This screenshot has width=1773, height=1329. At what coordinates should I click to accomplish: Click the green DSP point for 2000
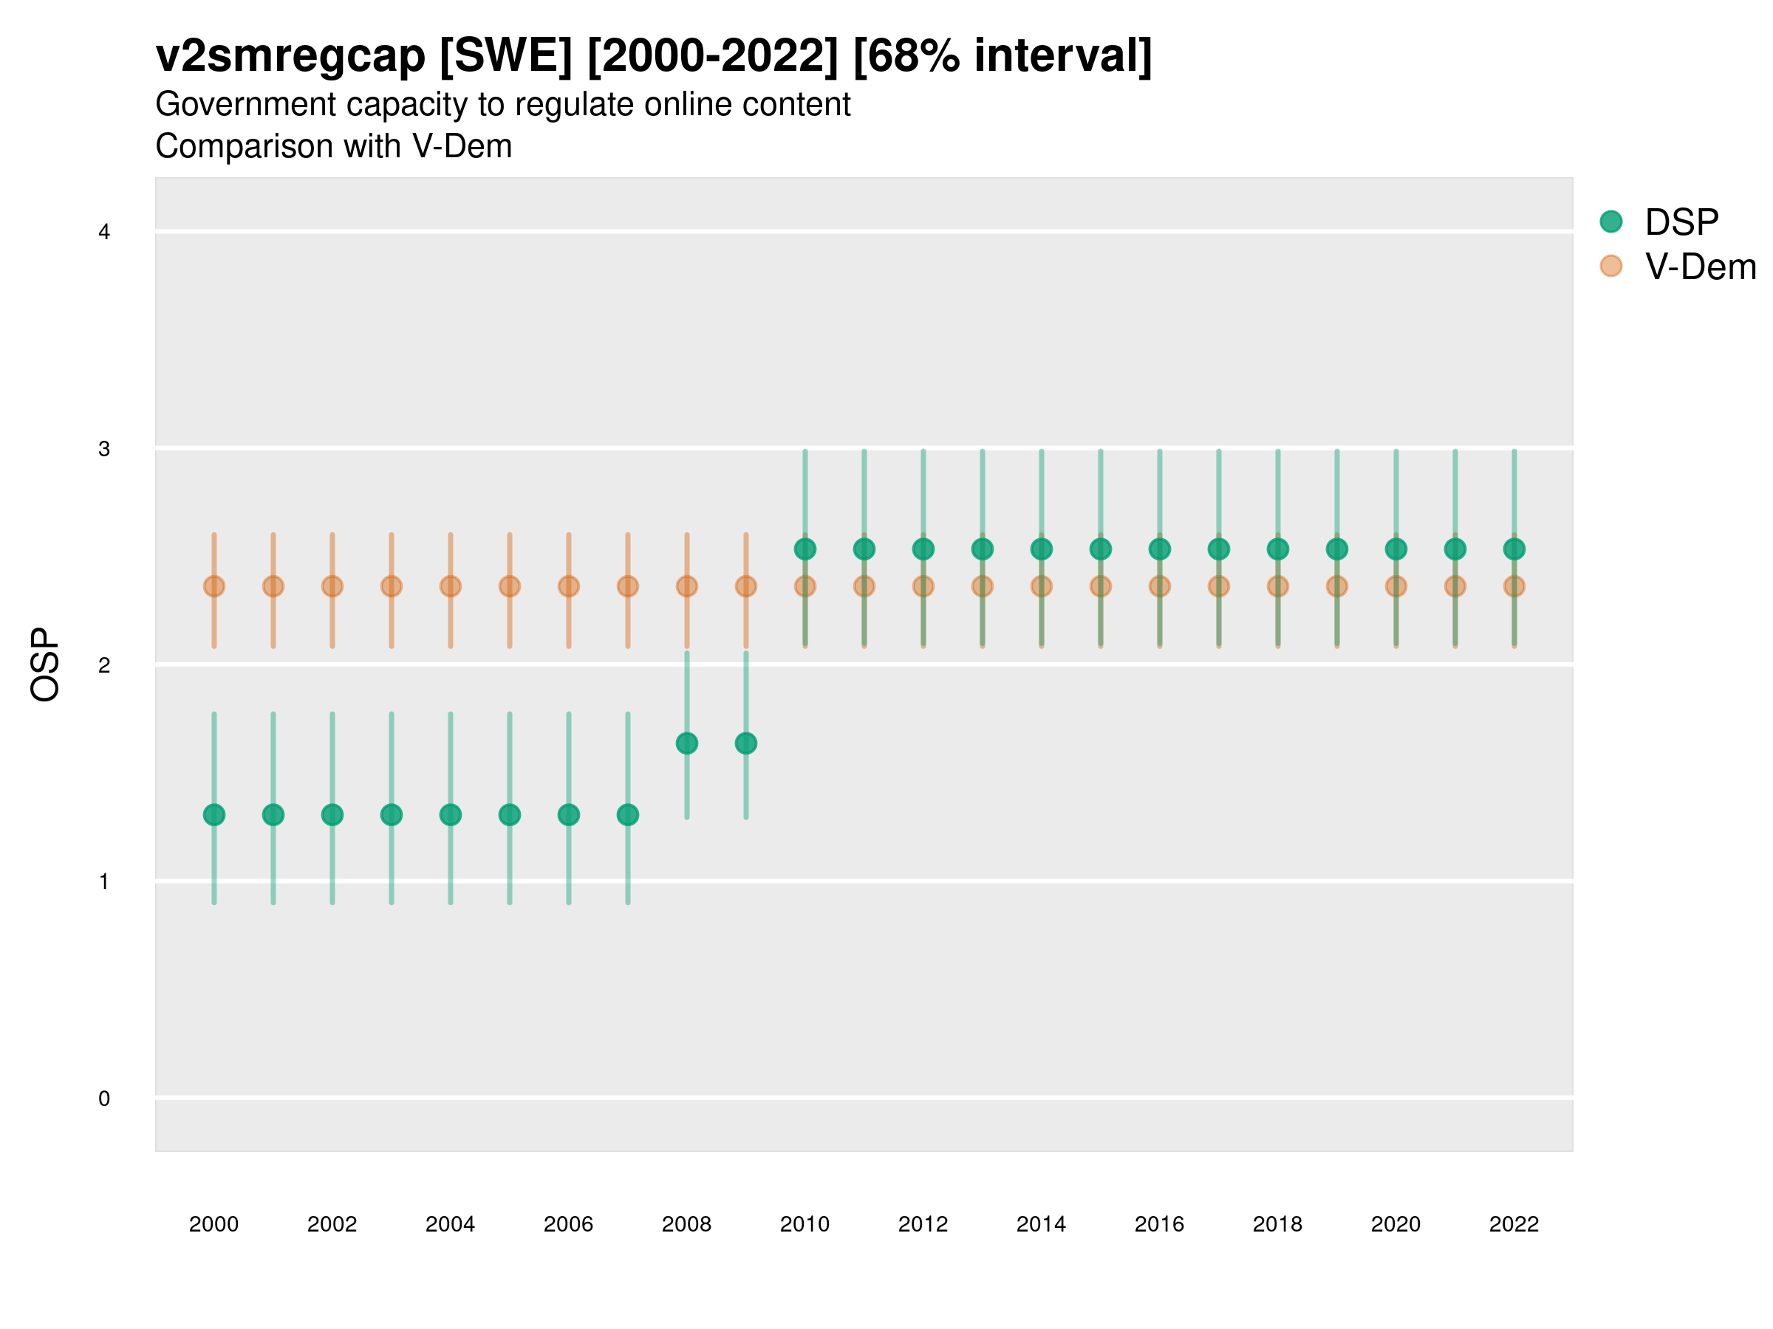point(214,814)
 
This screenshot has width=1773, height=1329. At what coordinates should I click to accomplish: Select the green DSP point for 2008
point(687,744)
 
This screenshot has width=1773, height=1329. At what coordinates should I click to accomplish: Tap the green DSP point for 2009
point(746,744)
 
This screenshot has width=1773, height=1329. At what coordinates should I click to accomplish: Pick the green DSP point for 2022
point(1514,549)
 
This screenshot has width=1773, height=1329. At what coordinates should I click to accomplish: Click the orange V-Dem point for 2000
point(214,586)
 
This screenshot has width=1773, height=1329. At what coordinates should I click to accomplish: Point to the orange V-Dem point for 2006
point(569,586)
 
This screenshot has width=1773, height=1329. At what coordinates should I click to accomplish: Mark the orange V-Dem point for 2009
point(746,586)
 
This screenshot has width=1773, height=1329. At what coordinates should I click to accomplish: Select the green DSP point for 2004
point(451,814)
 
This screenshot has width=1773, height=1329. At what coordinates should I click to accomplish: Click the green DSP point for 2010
point(804,549)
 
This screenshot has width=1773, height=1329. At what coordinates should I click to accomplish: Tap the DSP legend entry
point(1659,222)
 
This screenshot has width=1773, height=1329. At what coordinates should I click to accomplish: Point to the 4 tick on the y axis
point(104,233)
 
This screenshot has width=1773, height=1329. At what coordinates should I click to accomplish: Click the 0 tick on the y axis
point(104,1099)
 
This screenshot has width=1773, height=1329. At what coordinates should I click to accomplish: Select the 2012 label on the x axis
point(923,1224)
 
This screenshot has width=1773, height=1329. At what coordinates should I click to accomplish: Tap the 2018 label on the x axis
point(1277,1224)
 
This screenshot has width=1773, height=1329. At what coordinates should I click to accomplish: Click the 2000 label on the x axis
point(214,1224)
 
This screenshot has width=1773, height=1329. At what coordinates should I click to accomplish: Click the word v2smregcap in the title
point(290,56)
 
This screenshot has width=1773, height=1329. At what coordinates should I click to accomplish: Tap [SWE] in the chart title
point(507,56)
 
